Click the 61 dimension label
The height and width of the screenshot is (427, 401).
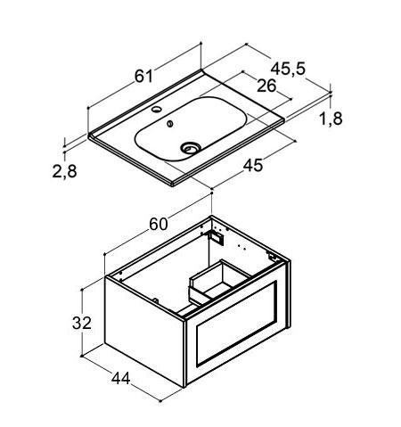click(x=143, y=76)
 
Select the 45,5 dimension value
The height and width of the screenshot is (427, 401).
click(x=288, y=69)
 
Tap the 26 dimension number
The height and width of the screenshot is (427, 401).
click(x=266, y=86)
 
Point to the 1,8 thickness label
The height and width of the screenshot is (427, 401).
click(x=331, y=119)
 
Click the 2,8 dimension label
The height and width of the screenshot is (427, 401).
click(x=64, y=171)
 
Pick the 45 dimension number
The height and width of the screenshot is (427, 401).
click(x=253, y=165)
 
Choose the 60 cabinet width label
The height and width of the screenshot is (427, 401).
click(x=159, y=224)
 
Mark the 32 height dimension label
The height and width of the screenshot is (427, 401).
click(x=82, y=323)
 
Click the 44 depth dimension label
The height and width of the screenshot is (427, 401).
click(x=121, y=379)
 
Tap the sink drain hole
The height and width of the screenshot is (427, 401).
click(x=191, y=148)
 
